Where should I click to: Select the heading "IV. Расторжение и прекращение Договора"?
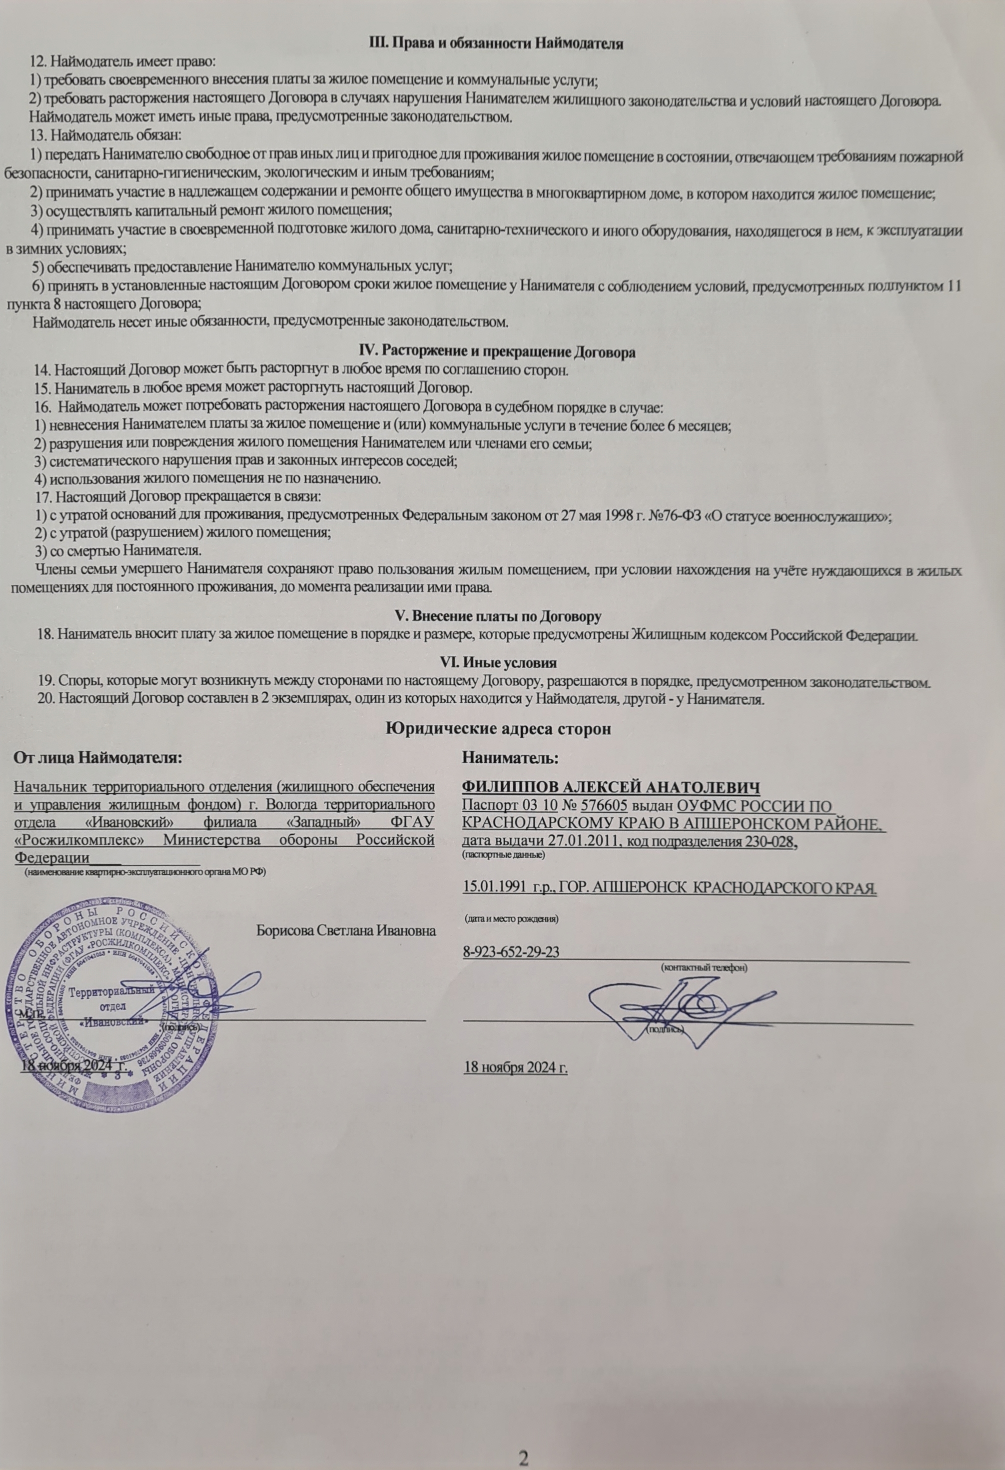pos(493,352)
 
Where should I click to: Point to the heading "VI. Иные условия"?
pos(498,662)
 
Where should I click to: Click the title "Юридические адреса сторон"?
pos(498,728)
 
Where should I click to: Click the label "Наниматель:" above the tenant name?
pos(510,757)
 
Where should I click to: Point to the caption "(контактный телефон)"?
pos(703,968)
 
